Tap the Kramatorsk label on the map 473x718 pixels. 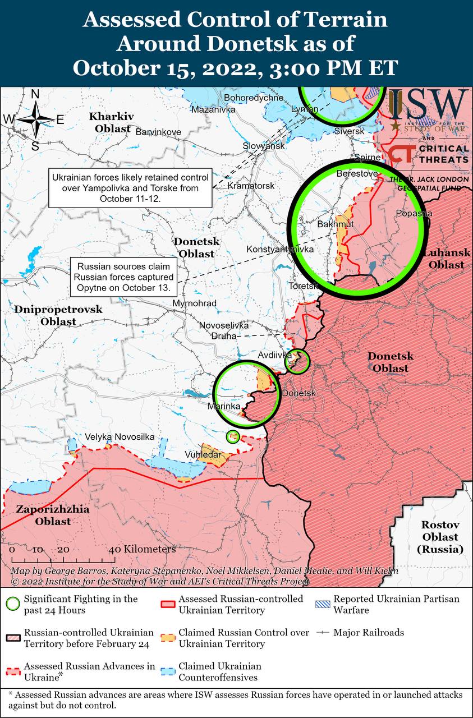point(251,185)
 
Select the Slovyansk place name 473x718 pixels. point(264,146)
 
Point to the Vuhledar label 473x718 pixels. point(203,454)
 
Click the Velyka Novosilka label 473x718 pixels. point(120,437)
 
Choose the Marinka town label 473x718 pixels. point(224,406)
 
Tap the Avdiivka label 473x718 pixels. point(274,355)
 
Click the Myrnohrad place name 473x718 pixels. point(195,303)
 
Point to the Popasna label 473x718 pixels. point(414,213)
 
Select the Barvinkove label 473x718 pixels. point(158,132)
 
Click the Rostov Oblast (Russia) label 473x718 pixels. point(440,537)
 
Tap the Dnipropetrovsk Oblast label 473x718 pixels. point(58,315)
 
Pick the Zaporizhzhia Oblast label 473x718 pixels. point(44,516)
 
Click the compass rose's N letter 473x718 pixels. point(35,94)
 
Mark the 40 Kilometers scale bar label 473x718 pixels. point(143,549)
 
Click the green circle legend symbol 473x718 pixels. point(12,604)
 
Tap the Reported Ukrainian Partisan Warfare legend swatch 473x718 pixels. point(322,604)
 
